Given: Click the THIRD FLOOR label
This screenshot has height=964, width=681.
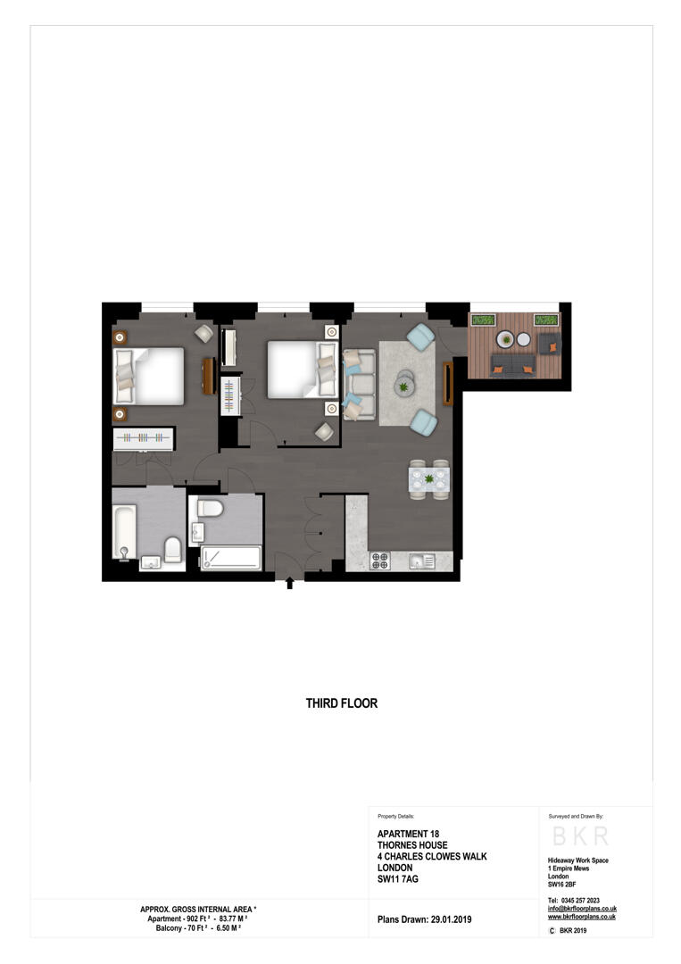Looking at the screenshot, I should [342, 703].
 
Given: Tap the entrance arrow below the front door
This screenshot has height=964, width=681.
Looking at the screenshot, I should [289, 585].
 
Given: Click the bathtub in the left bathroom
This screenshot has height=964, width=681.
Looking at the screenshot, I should [124, 529].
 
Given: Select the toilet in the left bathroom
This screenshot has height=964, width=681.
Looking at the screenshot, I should [173, 551].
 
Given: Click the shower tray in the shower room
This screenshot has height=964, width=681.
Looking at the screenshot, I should [230, 559].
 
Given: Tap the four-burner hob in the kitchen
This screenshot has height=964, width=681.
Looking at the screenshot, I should [380, 561].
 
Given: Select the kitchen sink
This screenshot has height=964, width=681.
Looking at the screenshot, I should [421, 561].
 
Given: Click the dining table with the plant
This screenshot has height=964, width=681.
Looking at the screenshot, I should [428, 478].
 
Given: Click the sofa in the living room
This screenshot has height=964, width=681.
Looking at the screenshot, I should [359, 385].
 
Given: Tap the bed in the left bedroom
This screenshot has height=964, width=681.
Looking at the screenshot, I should [150, 376].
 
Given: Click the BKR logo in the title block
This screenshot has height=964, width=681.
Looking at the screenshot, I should [580, 836].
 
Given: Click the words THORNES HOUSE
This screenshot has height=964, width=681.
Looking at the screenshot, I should [412, 845].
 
